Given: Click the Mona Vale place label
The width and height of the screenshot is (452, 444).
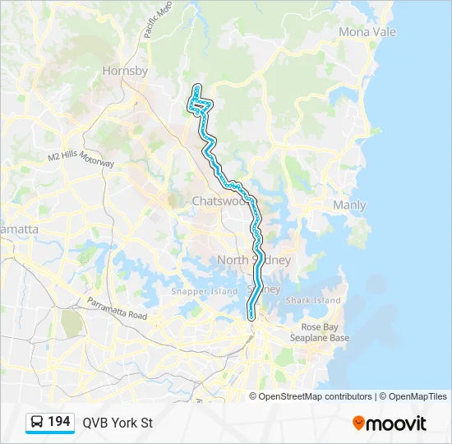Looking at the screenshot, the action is pyautogui.click(x=367, y=32).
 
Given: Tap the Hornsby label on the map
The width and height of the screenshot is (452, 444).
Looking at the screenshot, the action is pyautogui.click(x=125, y=71).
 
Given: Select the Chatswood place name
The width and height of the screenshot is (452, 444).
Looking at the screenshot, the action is pyautogui.click(x=219, y=201).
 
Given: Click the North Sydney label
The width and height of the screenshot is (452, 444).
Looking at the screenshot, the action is pyautogui.click(x=254, y=260).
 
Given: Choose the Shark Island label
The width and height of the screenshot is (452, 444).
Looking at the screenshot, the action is pyautogui.click(x=312, y=300).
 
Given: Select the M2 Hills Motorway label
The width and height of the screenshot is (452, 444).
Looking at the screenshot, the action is pyautogui.click(x=81, y=159).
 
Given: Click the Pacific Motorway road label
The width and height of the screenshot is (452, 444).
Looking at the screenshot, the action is pyautogui.click(x=157, y=19).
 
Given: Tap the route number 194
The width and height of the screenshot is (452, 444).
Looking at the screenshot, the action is pyautogui.click(x=59, y=422).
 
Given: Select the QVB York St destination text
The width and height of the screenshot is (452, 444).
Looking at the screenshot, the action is pyautogui.click(x=117, y=423).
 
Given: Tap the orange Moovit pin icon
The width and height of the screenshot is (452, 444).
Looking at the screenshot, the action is pyautogui.click(x=358, y=423).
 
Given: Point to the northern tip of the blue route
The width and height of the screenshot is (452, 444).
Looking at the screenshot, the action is pyautogui.click(x=196, y=86).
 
